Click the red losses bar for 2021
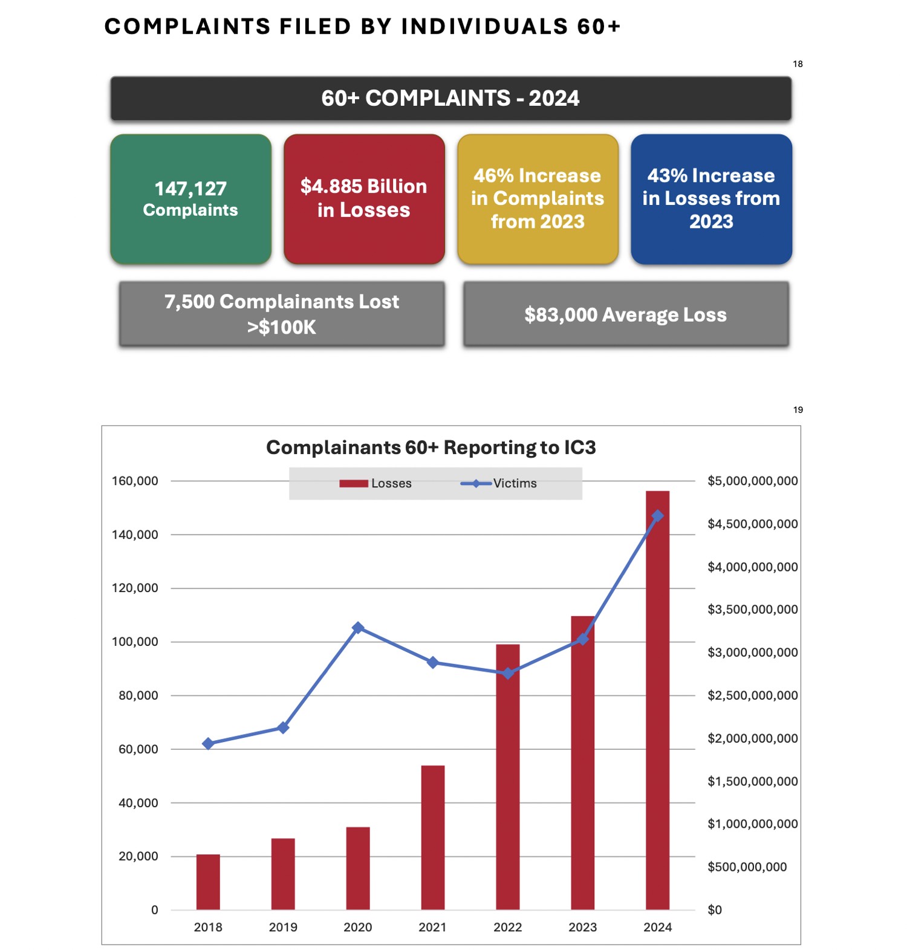432,837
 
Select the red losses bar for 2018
208,882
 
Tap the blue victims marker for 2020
358,628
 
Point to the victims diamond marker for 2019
283,727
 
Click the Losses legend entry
375,483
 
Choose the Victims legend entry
499,483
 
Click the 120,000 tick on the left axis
135,588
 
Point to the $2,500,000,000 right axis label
753,695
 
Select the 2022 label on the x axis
507,927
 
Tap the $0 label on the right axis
715,909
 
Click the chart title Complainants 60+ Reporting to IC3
431,447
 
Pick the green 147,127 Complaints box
190,199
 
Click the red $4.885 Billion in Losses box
364,199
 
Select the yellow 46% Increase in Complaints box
538,199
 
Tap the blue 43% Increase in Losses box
711,199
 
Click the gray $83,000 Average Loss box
626,314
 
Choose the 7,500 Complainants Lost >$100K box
282,314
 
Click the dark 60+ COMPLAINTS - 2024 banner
450,98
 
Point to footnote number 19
798,410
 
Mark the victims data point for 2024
657,516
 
